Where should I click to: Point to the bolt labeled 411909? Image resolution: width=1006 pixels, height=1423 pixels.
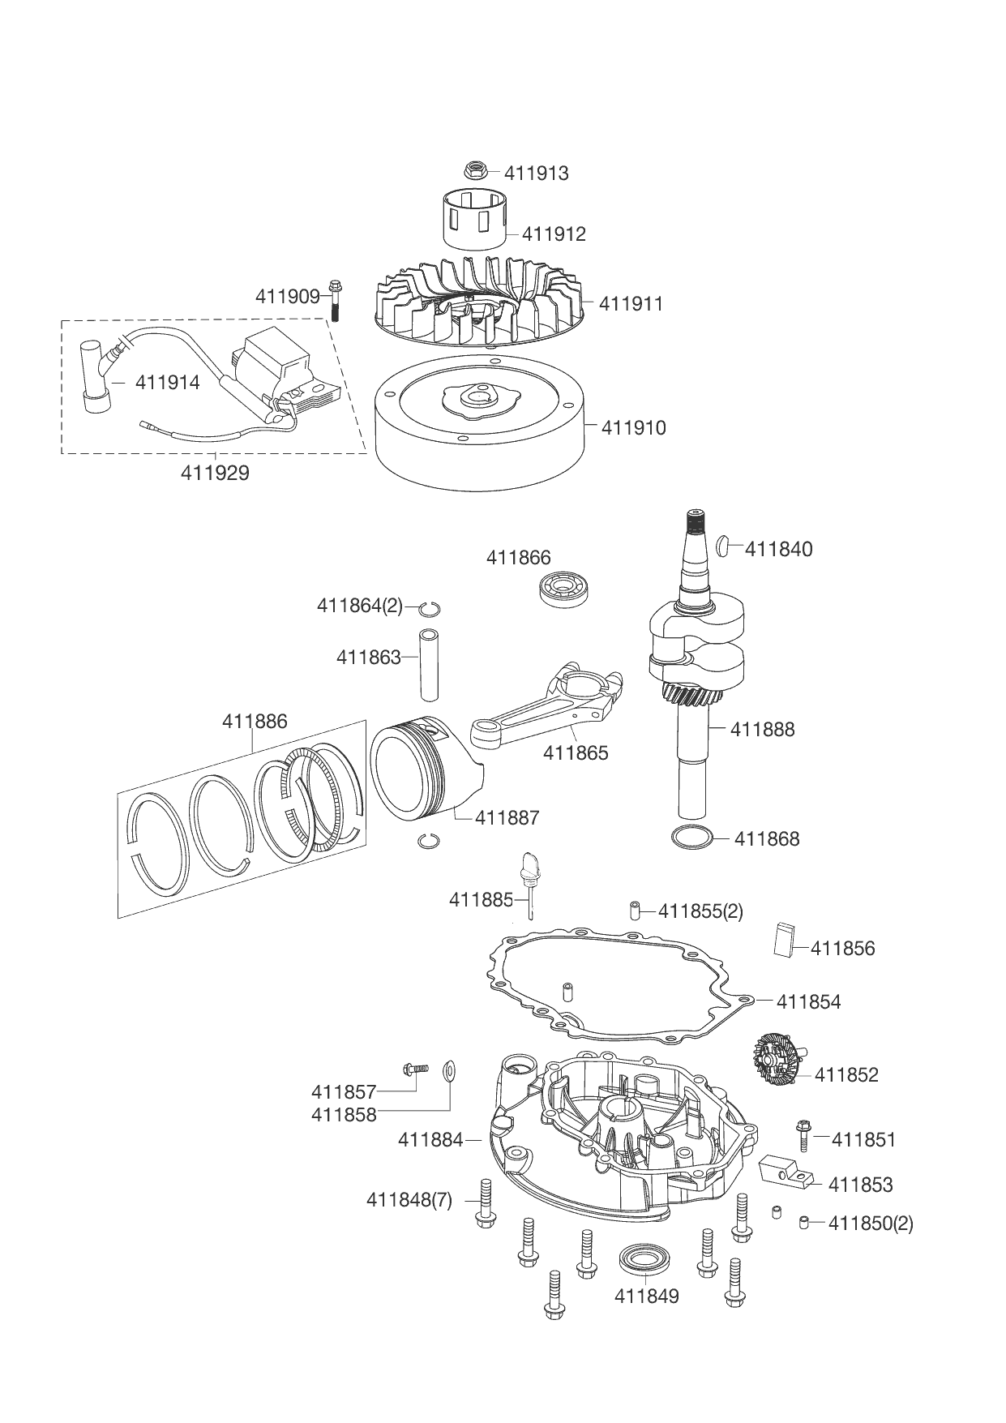point(335,300)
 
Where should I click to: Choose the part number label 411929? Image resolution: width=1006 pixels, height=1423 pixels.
point(215,473)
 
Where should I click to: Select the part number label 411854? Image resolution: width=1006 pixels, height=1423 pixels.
point(808,1002)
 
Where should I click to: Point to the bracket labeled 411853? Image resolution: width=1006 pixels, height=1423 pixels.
point(786,1171)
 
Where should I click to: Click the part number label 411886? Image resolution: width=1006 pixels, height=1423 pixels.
point(255,722)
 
